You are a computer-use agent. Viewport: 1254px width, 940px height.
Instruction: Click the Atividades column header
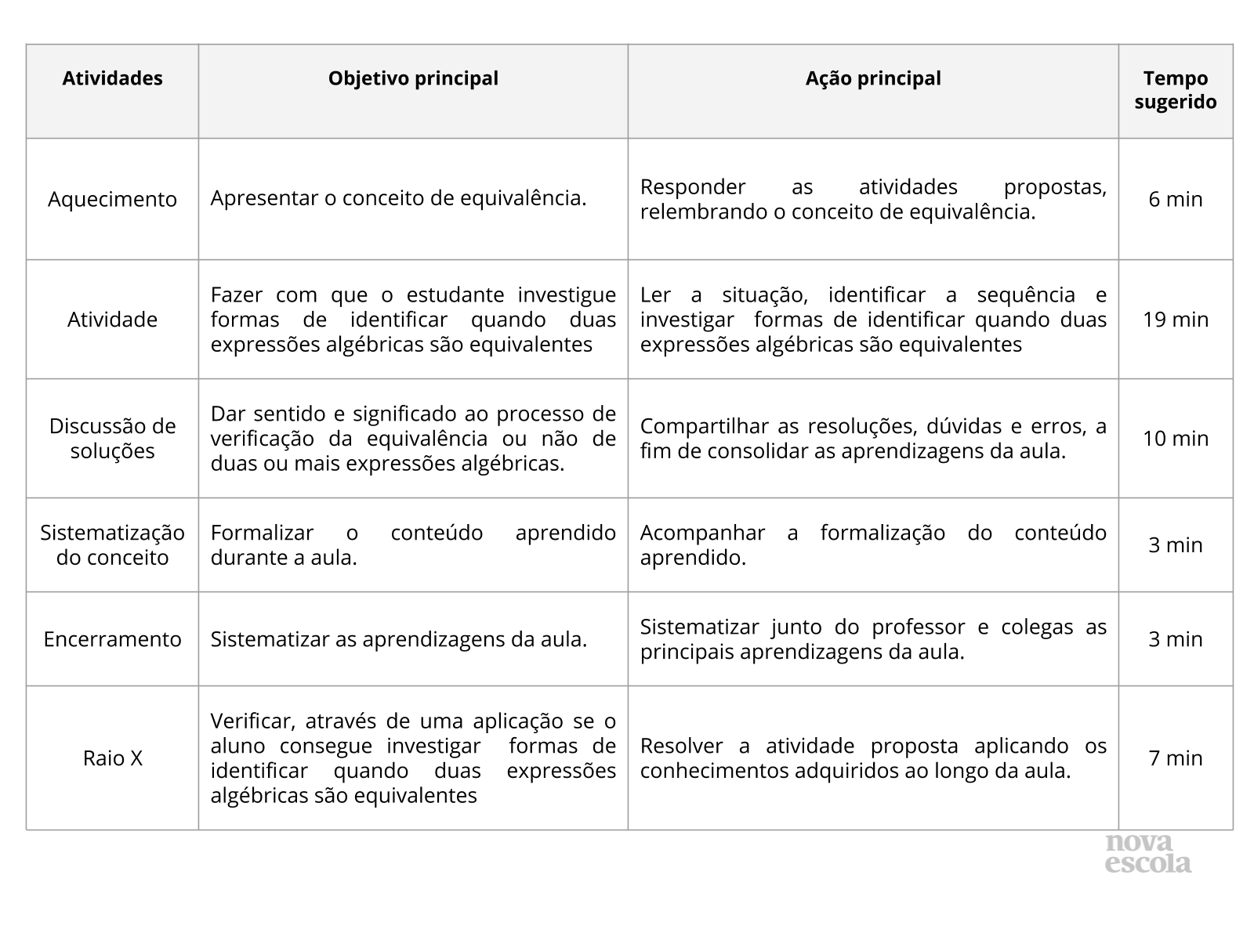pyautogui.click(x=112, y=78)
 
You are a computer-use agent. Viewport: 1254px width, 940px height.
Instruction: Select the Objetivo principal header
pyautogui.click(x=413, y=78)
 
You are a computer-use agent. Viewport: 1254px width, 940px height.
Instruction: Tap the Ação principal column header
pyautogui.click(x=873, y=78)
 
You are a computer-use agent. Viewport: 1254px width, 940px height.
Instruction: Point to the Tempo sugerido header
pyautogui.click(x=1175, y=90)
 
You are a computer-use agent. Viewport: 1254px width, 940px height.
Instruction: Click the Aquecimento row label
pyautogui.click(x=112, y=199)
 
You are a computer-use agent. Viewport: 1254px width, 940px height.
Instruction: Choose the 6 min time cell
pyautogui.click(x=1175, y=199)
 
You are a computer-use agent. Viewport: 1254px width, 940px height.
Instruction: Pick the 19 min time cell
pyautogui.click(x=1175, y=320)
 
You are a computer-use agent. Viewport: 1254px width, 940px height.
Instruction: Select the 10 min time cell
pyautogui.click(x=1175, y=439)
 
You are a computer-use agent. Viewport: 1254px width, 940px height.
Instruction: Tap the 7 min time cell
pyautogui.click(x=1175, y=758)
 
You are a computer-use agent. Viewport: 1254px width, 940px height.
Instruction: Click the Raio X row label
pyautogui.click(x=112, y=758)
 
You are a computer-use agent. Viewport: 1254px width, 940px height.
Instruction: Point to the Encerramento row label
pyautogui.click(x=112, y=639)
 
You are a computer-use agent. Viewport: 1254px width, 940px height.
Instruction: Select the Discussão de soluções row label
pyautogui.click(x=112, y=439)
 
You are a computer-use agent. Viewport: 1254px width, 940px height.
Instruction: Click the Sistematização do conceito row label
pyautogui.click(x=112, y=545)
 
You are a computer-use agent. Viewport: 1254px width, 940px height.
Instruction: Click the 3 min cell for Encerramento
pyautogui.click(x=1175, y=639)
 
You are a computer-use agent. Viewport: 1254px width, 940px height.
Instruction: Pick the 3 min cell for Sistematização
pyautogui.click(x=1175, y=545)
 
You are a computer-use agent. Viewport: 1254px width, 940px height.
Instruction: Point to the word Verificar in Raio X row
pyautogui.click(x=252, y=721)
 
